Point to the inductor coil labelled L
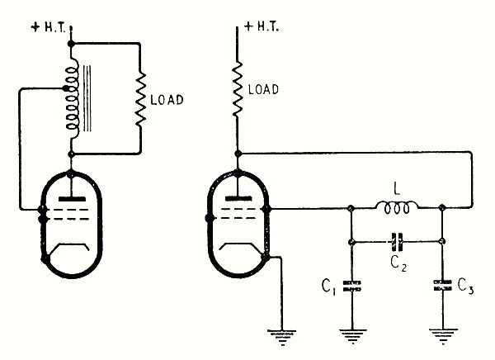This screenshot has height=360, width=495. [x=398, y=211]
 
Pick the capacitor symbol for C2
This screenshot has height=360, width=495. [x=397, y=241]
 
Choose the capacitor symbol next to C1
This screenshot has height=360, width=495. [x=353, y=287]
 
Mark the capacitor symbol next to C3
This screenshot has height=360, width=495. [x=443, y=287]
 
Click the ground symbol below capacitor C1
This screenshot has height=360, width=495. [x=353, y=335]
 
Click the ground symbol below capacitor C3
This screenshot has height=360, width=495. [x=443, y=335]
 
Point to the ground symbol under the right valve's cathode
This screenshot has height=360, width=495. [x=283, y=335]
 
